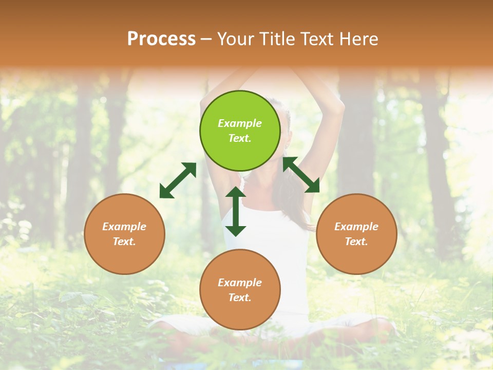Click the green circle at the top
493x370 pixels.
[x=240, y=131]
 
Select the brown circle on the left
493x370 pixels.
[x=124, y=234]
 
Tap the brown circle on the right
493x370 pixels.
[x=356, y=234]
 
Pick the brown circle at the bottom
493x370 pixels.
[x=240, y=290]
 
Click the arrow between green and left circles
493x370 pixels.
[x=178, y=180]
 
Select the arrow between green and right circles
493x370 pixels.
[x=301, y=175]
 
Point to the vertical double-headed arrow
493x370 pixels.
[x=236, y=211]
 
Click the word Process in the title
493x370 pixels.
[x=161, y=39]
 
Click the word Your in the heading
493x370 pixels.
[x=236, y=39]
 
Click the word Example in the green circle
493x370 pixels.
[x=240, y=123]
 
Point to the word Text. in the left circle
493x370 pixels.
[x=124, y=242]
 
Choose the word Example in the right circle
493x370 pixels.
[x=356, y=227]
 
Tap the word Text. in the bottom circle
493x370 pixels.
[x=240, y=298]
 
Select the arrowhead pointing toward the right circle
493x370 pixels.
[x=313, y=187]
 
